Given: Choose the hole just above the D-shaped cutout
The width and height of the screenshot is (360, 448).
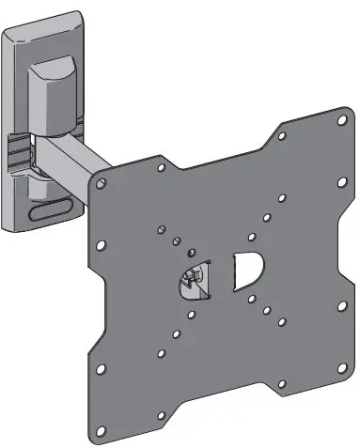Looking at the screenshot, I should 252,238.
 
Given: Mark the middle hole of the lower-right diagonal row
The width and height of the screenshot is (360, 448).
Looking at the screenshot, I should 266,309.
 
